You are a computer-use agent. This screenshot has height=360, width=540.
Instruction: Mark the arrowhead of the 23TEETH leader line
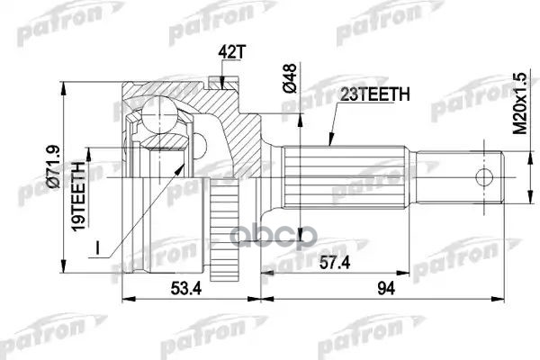pyautogui.click(x=329, y=145)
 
